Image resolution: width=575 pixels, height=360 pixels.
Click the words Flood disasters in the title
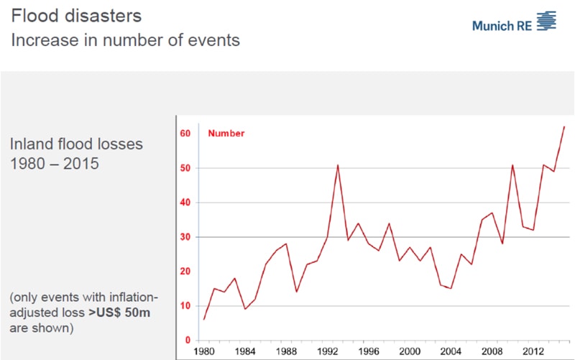point(65,14)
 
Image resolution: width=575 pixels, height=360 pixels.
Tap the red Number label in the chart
point(226,134)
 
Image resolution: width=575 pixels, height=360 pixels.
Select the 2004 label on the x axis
point(451,352)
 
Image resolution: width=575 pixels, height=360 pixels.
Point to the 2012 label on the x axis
point(533,352)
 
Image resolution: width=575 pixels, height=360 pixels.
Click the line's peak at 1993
point(337,165)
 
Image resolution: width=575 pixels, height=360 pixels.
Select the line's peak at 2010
point(512,165)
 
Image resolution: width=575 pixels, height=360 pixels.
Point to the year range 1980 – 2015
point(55,163)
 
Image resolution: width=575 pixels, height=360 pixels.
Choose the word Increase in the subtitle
point(42,40)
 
